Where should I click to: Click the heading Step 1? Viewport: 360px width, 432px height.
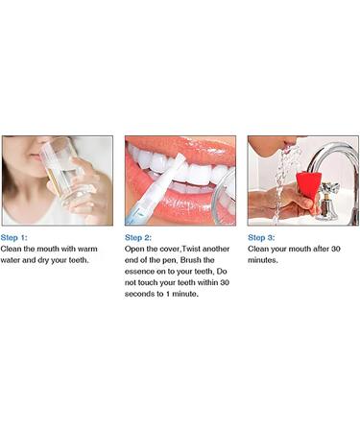click(x=14, y=237)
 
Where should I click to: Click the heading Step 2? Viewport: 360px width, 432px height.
click(x=138, y=237)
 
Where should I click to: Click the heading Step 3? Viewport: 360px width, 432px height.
click(x=261, y=237)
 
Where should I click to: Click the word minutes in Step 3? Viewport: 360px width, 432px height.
click(x=264, y=259)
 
